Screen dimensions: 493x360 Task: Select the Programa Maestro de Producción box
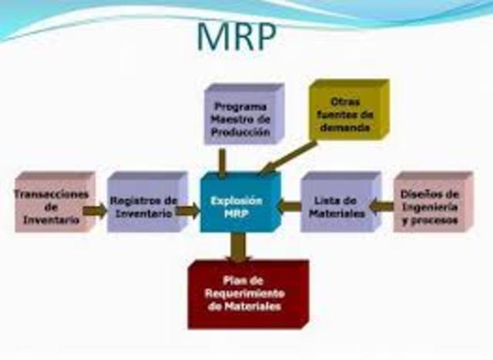point(244,114)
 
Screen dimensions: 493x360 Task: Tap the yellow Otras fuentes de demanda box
point(349,109)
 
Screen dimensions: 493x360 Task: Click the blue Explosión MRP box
point(240,202)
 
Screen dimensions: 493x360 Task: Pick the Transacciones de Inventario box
point(55,202)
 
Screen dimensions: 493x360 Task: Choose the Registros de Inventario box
point(147,202)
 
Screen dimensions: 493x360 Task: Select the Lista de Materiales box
point(340,202)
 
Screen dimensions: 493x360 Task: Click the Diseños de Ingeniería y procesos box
point(433,202)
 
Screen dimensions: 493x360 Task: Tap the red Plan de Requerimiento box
point(248,294)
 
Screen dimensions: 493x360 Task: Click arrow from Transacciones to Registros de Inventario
point(95,210)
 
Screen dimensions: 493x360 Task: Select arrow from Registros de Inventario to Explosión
point(188,210)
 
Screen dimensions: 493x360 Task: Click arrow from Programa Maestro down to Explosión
point(223,162)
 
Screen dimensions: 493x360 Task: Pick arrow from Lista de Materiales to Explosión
point(290,207)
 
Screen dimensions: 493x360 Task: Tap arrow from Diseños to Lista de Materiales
point(381,207)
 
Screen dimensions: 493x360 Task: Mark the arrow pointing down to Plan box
point(238,247)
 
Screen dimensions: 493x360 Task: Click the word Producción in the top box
point(241,132)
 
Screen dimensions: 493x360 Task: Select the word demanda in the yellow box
point(345,128)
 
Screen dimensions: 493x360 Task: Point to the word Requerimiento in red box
point(245,294)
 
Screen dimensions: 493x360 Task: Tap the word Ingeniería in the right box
point(430,207)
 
